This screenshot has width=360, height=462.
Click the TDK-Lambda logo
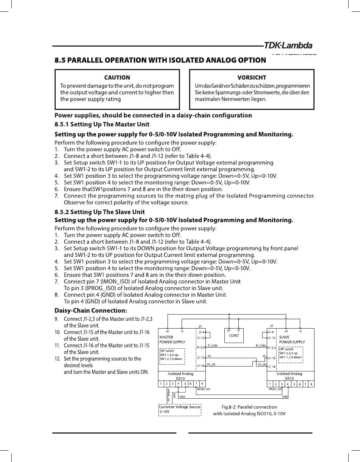(288, 45)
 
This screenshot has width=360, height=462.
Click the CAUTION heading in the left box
(117, 78)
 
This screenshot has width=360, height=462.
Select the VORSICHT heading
(252, 78)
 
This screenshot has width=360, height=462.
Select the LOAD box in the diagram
(234, 335)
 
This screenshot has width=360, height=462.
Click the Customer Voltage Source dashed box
(180, 409)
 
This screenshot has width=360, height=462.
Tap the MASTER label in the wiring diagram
(166, 337)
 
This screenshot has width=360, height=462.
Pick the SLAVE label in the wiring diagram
(284, 337)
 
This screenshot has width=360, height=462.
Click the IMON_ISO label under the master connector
(203, 389)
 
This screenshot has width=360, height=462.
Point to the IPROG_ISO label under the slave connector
(275, 389)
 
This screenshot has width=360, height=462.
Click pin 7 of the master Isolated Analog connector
(196, 384)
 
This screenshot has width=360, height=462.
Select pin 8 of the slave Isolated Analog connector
(311, 384)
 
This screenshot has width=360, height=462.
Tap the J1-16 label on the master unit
(200, 366)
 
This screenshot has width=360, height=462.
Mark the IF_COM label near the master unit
(212, 346)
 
